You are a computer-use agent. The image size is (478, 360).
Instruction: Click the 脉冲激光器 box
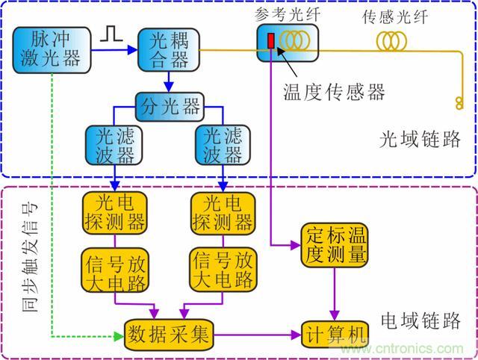(x=51, y=49)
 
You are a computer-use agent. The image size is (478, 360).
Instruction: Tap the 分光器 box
(x=169, y=106)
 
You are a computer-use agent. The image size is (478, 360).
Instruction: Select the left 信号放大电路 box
(x=114, y=270)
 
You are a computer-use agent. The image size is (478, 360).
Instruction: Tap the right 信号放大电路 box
(x=223, y=270)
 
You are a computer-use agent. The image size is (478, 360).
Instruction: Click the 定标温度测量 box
(x=335, y=244)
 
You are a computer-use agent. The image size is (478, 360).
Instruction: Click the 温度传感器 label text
(x=334, y=92)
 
